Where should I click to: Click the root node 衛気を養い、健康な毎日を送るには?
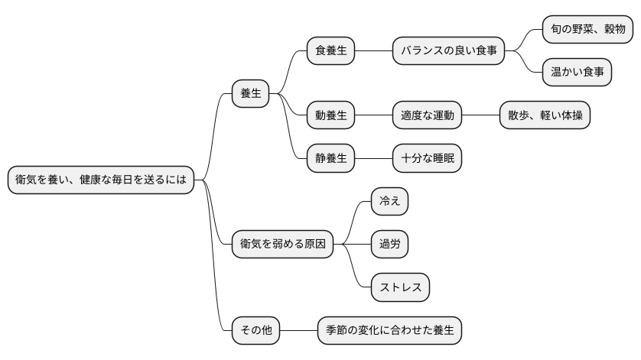coord(100,180)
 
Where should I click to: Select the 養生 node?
coord(251,94)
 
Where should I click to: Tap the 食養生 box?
coord(330,51)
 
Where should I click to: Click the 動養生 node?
coord(330,115)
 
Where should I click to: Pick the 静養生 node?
coord(330,159)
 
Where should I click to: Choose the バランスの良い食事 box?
coord(449,51)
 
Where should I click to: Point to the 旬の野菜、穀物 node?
coord(587,30)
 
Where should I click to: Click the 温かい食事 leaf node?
coord(577,73)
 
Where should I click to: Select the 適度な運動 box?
coord(428,115)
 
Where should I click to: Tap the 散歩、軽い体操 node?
coord(544,115)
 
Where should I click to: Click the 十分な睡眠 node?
coord(428,159)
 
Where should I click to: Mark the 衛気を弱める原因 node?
coord(282,245)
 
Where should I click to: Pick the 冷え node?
coord(389,202)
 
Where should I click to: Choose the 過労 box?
coord(389,245)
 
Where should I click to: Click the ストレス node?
coord(400,287)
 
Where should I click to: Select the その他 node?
coord(255,331)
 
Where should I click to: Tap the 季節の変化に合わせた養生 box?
coord(390,331)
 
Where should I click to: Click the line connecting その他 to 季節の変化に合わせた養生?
coord(298,331)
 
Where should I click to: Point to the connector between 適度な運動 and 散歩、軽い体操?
coord(480,115)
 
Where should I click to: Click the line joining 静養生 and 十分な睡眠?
coord(373,159)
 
